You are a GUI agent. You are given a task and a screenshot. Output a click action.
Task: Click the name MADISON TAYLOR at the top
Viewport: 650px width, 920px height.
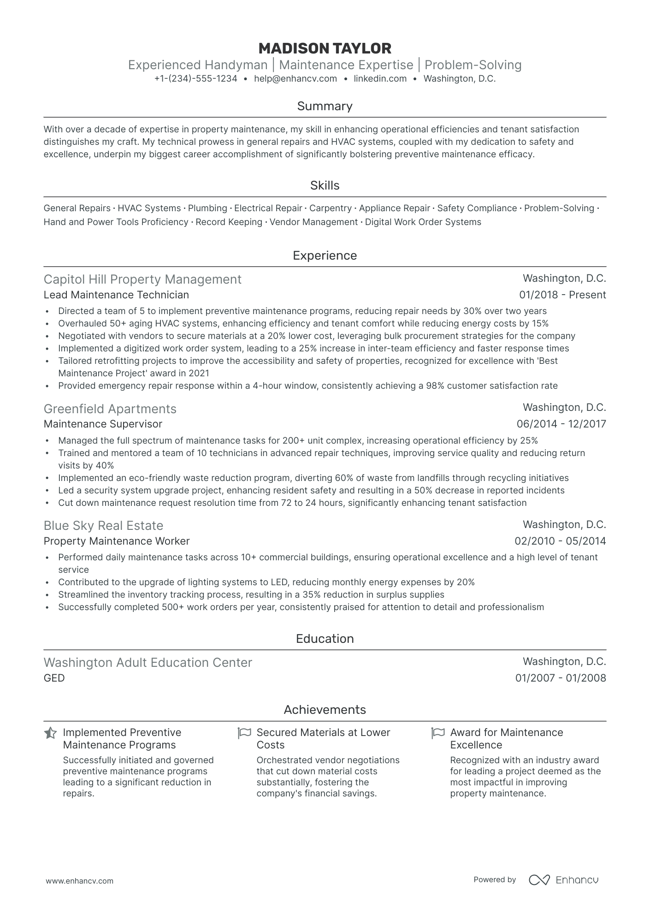tap(325, 48)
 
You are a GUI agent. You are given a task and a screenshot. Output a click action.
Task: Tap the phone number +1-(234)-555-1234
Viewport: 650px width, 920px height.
tap(195, 79)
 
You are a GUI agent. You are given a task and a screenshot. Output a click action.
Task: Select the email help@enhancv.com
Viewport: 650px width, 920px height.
tap(295, 79)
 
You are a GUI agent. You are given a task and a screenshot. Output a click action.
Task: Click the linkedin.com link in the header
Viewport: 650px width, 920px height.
tap(380, 79)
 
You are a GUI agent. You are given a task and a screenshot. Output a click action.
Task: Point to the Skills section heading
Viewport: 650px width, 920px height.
tap(325, 185)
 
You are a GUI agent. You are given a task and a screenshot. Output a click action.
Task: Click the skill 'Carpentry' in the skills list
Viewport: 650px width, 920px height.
tap(330, 208)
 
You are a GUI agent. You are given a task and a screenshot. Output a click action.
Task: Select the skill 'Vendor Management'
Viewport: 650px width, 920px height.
tap(313, 222)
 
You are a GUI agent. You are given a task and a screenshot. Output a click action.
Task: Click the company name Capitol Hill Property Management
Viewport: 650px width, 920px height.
tap(142, 279)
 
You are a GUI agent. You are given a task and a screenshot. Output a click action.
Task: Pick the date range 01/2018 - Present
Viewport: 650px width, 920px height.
tap(562, 295)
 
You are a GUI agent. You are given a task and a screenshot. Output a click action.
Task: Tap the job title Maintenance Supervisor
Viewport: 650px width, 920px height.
tap(103, 424)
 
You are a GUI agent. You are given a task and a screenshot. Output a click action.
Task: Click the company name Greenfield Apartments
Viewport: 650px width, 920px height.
tap(110, 409)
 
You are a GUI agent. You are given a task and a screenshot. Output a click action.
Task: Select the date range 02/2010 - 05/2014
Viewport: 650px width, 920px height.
tap(560, 541)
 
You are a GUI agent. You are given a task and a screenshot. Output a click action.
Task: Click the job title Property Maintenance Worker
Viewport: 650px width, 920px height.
tap(117, 541)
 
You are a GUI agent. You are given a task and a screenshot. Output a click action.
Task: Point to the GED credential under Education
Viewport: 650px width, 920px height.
tap(54, 678)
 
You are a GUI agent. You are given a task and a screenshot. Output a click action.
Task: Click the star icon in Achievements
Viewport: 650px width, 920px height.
tap(50, 733)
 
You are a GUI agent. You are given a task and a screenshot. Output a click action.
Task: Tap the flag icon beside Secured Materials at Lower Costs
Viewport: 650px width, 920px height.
tap(244, 733)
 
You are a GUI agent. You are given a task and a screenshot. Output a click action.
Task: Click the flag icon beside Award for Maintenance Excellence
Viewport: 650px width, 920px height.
tap(437, 733)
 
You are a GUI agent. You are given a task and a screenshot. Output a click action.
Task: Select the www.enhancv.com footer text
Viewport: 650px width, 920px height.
tap(79, 881)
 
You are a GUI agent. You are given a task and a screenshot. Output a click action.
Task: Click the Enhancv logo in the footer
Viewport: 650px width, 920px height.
tap(563, 880)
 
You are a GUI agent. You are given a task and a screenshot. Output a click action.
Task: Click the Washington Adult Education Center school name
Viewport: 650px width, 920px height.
tap(148, 663)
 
